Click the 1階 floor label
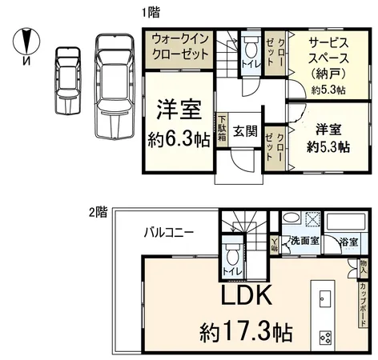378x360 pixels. (x=149, y=13)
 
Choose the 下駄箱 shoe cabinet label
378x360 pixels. (x=221, y=129)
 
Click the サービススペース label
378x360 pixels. (x=317, y=53)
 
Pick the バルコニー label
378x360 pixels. (x=166, y=233)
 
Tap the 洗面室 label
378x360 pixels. (x=304, y=239)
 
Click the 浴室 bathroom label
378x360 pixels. (x=348, y=239)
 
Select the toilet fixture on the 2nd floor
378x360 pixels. (x=233, y=256)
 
